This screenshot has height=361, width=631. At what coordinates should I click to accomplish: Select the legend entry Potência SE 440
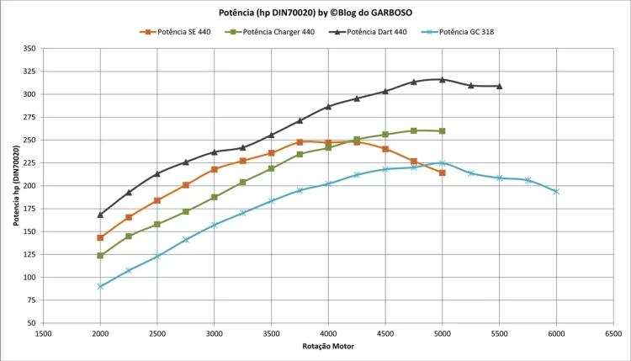(x=183, y=32)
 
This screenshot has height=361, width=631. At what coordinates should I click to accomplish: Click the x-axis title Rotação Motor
(x=328, y=347)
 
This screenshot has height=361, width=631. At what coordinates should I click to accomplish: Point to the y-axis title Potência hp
(x=16, y=185)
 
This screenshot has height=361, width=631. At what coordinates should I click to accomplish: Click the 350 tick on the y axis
(x=29, y=49)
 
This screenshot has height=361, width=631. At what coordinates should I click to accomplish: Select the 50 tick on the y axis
(x=31, y=323)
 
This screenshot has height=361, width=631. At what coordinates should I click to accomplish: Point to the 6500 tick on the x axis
(x=613, y=334)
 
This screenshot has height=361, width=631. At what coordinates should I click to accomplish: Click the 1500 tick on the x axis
(x=43, y=334)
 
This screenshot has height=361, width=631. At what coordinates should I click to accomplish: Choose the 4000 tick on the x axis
(x=328, y=334)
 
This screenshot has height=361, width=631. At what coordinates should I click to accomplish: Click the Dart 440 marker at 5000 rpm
(x=443, y=79)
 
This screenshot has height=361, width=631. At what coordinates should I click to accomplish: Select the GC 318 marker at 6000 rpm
(x=556, y=192)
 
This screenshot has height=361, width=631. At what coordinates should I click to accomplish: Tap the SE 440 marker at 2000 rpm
(x=100, y=237)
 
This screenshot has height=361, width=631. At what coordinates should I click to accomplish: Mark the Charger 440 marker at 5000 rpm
(x=443, y=131)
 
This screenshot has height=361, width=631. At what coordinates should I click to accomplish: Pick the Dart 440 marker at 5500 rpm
(x=500, y=86)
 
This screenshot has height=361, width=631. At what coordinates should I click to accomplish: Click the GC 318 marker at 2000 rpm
(x=100, y=286)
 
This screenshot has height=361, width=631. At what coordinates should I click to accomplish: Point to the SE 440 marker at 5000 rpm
(x=443, y=173)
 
